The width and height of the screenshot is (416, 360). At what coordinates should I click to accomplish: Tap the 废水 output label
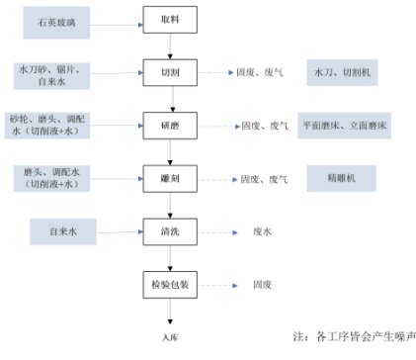(262, 232)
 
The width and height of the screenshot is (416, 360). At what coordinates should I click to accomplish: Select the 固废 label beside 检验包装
(262, 286)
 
